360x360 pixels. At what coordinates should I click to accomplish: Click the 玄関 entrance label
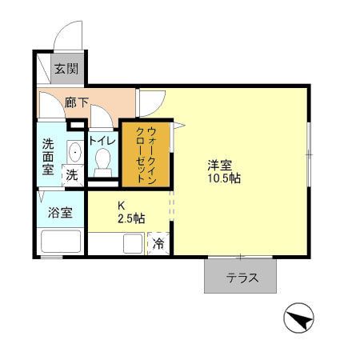(66, 69)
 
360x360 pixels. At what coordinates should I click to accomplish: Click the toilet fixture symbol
(102, 163)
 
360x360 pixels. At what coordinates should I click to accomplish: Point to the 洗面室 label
(49, 157)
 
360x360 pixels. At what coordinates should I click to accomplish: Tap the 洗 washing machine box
(72, 174)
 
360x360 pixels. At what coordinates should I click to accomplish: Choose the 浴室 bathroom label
(60, 213)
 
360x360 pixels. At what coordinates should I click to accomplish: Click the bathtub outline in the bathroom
(60, 242)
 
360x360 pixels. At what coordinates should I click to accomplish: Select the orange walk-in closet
(146, 154)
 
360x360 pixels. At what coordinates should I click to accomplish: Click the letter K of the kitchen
(122, 205)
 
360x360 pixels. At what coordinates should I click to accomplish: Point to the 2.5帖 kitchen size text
(131, 218)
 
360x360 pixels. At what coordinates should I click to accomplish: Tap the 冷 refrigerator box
(158, 243)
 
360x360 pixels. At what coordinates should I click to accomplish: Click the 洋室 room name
(220, 166)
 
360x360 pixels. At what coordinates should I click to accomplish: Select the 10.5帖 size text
(224, 179)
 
